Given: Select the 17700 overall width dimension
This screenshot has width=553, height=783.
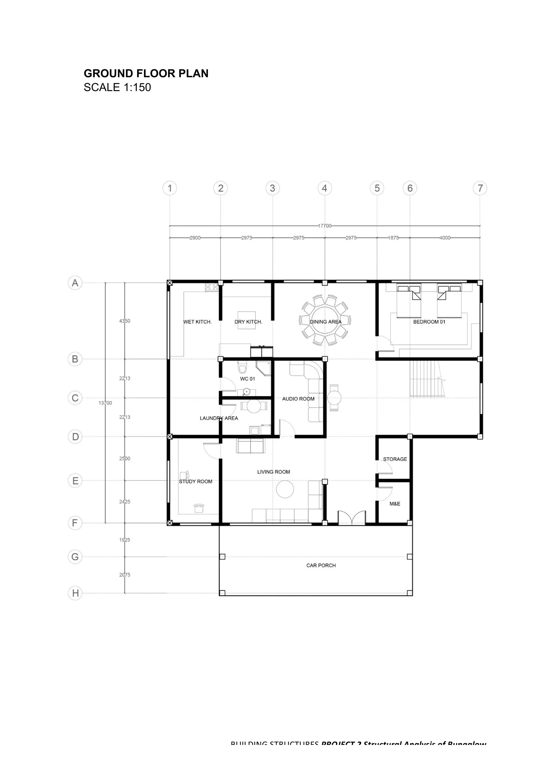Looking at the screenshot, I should [x=324, y=226].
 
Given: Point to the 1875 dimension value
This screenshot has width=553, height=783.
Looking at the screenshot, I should [x=393, y=238].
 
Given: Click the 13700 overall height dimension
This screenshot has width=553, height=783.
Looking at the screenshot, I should [x=105, y=403].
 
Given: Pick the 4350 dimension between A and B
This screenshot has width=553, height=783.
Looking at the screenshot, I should [x=124, y=321].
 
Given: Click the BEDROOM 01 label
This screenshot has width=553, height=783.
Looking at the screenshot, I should [x=429, y=322].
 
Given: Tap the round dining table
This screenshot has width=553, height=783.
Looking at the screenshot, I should [x=325, y=320].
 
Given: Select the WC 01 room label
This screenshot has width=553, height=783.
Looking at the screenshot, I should [x=247, y=379].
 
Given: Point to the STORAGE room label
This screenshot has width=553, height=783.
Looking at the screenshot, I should [x=395, y=459].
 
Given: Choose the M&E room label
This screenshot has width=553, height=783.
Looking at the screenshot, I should [x=394, y=503].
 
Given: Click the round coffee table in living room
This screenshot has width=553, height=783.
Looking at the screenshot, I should [x=285, y=489].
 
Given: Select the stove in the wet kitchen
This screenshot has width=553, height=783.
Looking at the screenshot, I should [x=211, y=287].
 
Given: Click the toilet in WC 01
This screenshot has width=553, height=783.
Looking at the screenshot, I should [x=242, y=368].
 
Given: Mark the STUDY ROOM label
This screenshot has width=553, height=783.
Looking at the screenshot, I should [x=195, y=481].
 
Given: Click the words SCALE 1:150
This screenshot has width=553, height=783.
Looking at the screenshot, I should [x=117, y=87].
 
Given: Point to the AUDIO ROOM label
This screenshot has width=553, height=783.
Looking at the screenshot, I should [x=298, y=399].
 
